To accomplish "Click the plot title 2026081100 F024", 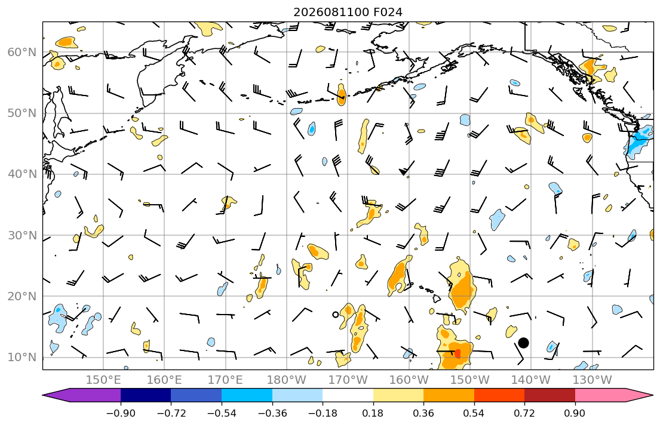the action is pos(348,12).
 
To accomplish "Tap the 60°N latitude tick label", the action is pos(22,52).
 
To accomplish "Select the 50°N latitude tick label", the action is pos(22,113).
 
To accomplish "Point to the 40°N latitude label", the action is pos(22,174).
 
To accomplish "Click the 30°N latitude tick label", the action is pos(22,235).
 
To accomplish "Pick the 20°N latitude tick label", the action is pos(22,296).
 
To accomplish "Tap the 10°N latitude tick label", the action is pos(22,358).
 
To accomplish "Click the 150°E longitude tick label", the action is pos(103,380).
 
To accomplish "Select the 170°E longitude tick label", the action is pos(225,380).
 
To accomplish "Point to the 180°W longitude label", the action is pos(287,380).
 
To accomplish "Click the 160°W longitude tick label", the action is pos(409,380).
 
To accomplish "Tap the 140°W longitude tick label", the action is pos(531,380).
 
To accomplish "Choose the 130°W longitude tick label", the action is pos(592,380).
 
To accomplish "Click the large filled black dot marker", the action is pos(523,343).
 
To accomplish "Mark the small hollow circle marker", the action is pos(336,315).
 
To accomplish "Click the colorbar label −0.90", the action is pos(121,413).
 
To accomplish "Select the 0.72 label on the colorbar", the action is pos(524,413).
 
